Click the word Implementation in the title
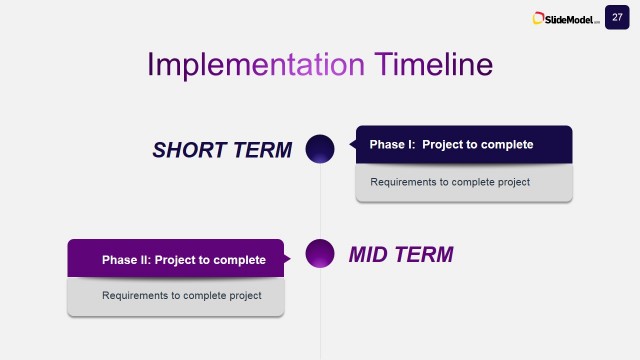coord(256,64)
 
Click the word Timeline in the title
coord(433,64)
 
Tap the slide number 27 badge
coord(617,17)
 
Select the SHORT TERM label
coord(222,150)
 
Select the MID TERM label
coord(400,255)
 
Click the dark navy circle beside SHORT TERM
coord(319,149)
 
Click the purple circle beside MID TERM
coord(319,254)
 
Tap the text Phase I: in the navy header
coord(392,145)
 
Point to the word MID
coord(369,255)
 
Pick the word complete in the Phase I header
coord(506,145)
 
